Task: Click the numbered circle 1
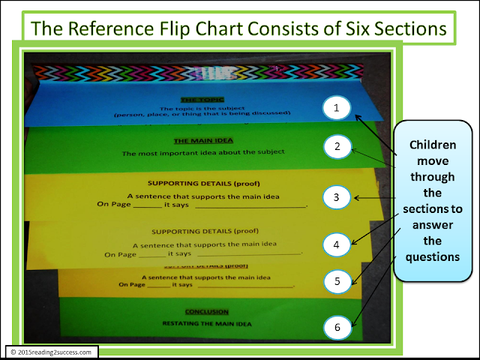[337, 109]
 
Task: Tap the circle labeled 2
[337, 147]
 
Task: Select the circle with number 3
[337, 197]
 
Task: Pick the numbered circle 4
[337, 244]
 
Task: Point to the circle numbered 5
[338, 282]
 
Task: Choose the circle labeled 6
[337, 327]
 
